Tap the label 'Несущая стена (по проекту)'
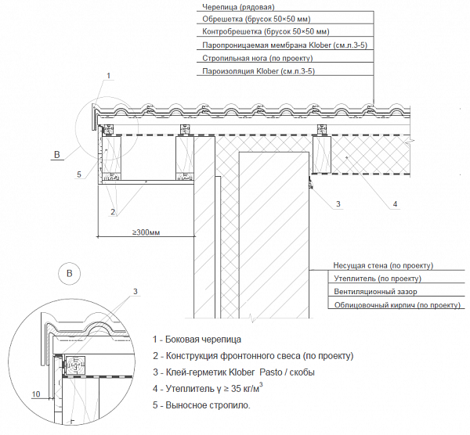383,266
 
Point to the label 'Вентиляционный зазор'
375,292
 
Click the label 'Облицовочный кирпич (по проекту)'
396,304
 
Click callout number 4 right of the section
395,205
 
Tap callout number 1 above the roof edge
109,75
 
